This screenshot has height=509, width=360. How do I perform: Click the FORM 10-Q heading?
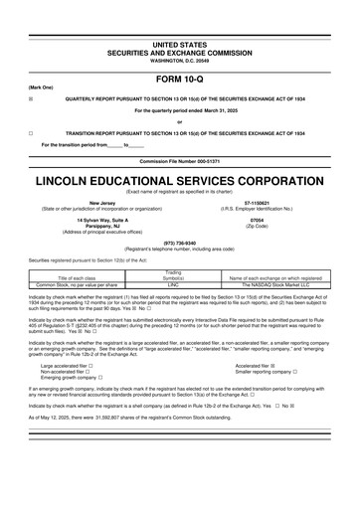(x=180, y=79)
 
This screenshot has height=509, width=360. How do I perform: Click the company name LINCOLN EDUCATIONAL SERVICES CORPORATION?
(x=180, y=182)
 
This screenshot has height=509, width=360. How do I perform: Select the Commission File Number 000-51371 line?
(x=180, y=161)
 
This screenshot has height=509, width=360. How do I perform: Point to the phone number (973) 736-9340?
(x=179, y=241)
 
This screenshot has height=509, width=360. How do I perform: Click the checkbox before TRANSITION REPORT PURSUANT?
(x=32, y=131)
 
